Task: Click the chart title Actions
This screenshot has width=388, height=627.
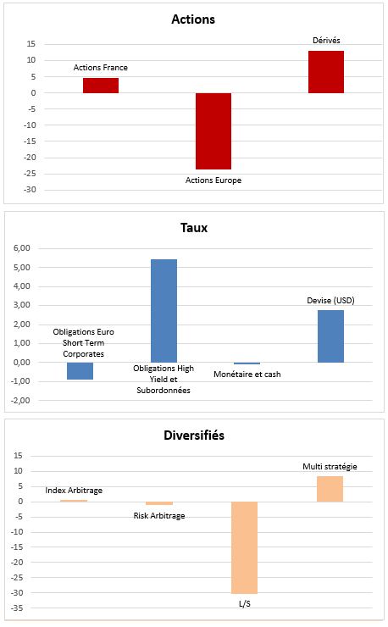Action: (x=193, y=19)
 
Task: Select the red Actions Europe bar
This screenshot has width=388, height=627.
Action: (x=213, y=131)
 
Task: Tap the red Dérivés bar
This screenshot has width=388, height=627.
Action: (x=326, y=72)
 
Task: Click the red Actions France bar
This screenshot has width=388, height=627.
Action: (x=101, y=86)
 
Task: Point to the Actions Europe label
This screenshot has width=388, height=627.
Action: (x=213, y=180)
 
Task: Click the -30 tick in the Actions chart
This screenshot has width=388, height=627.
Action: (x=30, y=190)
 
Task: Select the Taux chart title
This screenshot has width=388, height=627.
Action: (x=194, y=228)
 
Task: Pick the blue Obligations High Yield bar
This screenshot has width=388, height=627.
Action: (x=164, y=311)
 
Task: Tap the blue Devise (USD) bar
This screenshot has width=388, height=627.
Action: (x=330, y=336)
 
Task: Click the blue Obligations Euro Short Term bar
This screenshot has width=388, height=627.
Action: (x=80, y=370)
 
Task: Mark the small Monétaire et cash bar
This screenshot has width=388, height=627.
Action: (x=247, y=363)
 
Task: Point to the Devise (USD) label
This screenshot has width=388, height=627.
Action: (x=330, y=300)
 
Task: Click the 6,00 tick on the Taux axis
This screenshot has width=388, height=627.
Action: (x=22, y=248)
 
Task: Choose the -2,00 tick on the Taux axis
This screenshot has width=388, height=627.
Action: (x=21, y=400)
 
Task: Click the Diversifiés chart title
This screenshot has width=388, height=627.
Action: (x=194, y=435)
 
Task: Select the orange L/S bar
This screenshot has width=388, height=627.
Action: (x=244, y=547)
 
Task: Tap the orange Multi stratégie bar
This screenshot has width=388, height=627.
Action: (x=330, y=489)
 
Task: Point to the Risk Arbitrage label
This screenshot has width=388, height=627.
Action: (x=159, y=516)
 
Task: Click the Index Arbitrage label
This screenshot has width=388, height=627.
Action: (x=74, y=491)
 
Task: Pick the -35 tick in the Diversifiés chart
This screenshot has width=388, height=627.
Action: (x=18, y=608)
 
